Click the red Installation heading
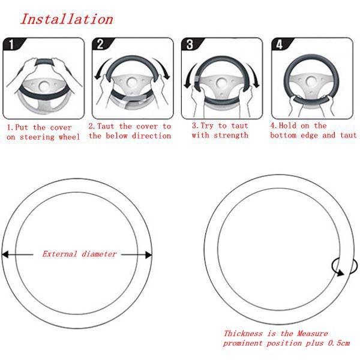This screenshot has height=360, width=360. point(67,19)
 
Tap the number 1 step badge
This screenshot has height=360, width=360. point(11,44)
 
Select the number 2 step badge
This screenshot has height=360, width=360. point(100,44)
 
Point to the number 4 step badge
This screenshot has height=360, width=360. point(280,44)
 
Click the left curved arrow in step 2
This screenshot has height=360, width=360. point(100,68)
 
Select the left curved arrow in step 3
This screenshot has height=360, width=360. point(190,76)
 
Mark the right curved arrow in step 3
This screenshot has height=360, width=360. point(253,75)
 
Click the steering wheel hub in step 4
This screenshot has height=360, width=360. point(311,82)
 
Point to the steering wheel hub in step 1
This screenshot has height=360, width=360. point(44,86)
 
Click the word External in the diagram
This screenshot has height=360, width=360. point(59,254)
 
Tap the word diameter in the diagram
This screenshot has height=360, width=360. point(99,254)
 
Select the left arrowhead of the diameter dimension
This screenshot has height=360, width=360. point(5,254)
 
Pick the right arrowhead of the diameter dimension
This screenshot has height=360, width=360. point(149,254)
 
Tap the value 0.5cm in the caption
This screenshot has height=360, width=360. point(339,343)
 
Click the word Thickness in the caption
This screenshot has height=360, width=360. point(243,333)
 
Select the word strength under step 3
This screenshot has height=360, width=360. point(231,135)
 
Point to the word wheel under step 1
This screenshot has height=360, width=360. point(69,137)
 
